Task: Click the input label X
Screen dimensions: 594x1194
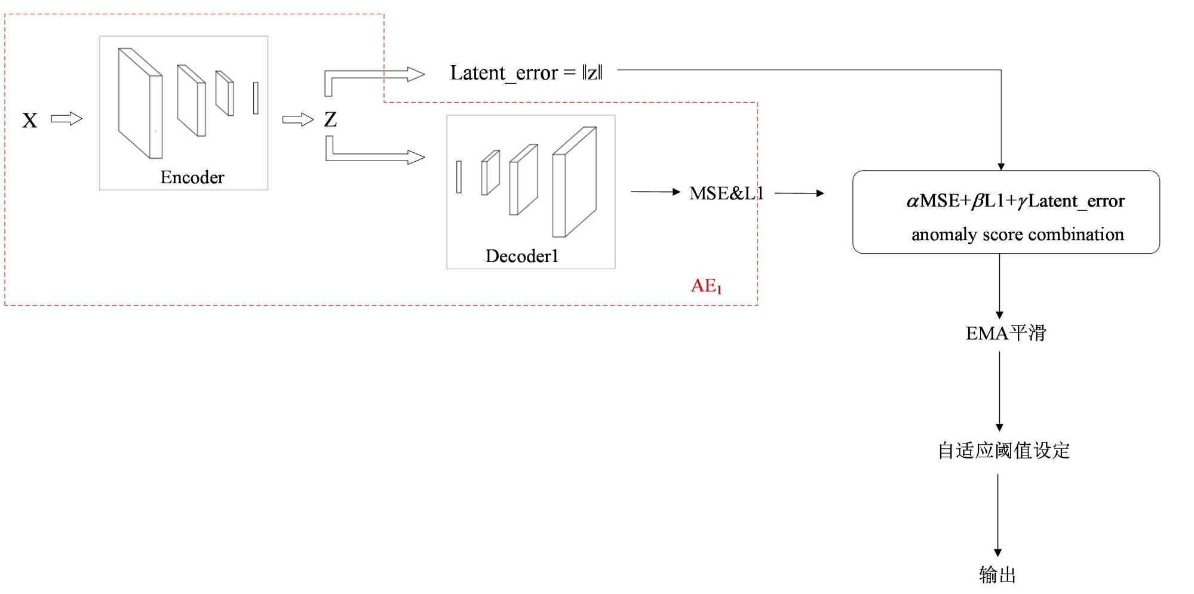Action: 30,121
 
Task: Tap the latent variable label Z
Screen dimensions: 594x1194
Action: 330,120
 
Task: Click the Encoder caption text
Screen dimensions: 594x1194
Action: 192,177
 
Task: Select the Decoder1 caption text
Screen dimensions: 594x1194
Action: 521,256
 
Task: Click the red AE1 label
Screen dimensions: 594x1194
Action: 706,286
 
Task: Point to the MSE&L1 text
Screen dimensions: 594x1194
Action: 726,193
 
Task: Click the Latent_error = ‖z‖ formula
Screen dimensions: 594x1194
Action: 526,73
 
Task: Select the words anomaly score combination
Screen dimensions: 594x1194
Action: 1017,235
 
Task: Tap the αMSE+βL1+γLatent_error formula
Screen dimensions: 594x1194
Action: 1015,201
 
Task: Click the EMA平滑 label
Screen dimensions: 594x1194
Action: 1006,333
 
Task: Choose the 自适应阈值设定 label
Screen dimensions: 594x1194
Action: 1003,451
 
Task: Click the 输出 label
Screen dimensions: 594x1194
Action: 997,575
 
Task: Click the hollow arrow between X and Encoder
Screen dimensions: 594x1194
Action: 66,119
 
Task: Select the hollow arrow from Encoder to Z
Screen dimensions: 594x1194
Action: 297,120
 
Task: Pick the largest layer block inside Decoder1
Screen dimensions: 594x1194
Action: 574,182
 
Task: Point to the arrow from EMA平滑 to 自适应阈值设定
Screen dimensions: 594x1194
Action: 999,391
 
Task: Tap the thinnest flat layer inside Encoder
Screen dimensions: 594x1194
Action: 256,98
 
